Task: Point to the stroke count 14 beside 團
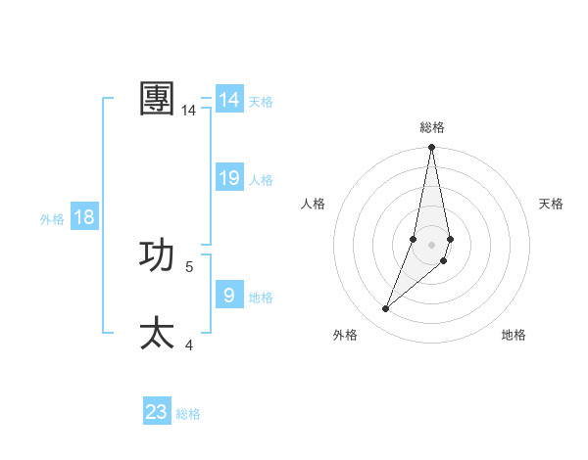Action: point(189,111)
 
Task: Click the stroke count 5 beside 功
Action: point(189,266)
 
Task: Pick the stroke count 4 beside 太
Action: point(189,345)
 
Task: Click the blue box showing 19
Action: point(229,178)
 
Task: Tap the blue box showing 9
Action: point(229,296)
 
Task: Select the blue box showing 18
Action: point(84,217)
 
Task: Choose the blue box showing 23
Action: point(157,412)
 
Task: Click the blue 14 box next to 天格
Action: point(229,100)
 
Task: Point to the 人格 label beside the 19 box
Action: point(261,180)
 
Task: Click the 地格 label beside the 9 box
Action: point(261,298)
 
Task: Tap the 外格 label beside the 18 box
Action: point(52,219)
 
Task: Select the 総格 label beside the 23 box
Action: point(188,414)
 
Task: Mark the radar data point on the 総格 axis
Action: point(431,148)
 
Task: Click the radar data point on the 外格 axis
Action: point(386,309)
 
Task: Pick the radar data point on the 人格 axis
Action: point(414,239)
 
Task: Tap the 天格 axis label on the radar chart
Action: point(551,204)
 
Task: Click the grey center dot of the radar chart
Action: point(431,244)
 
